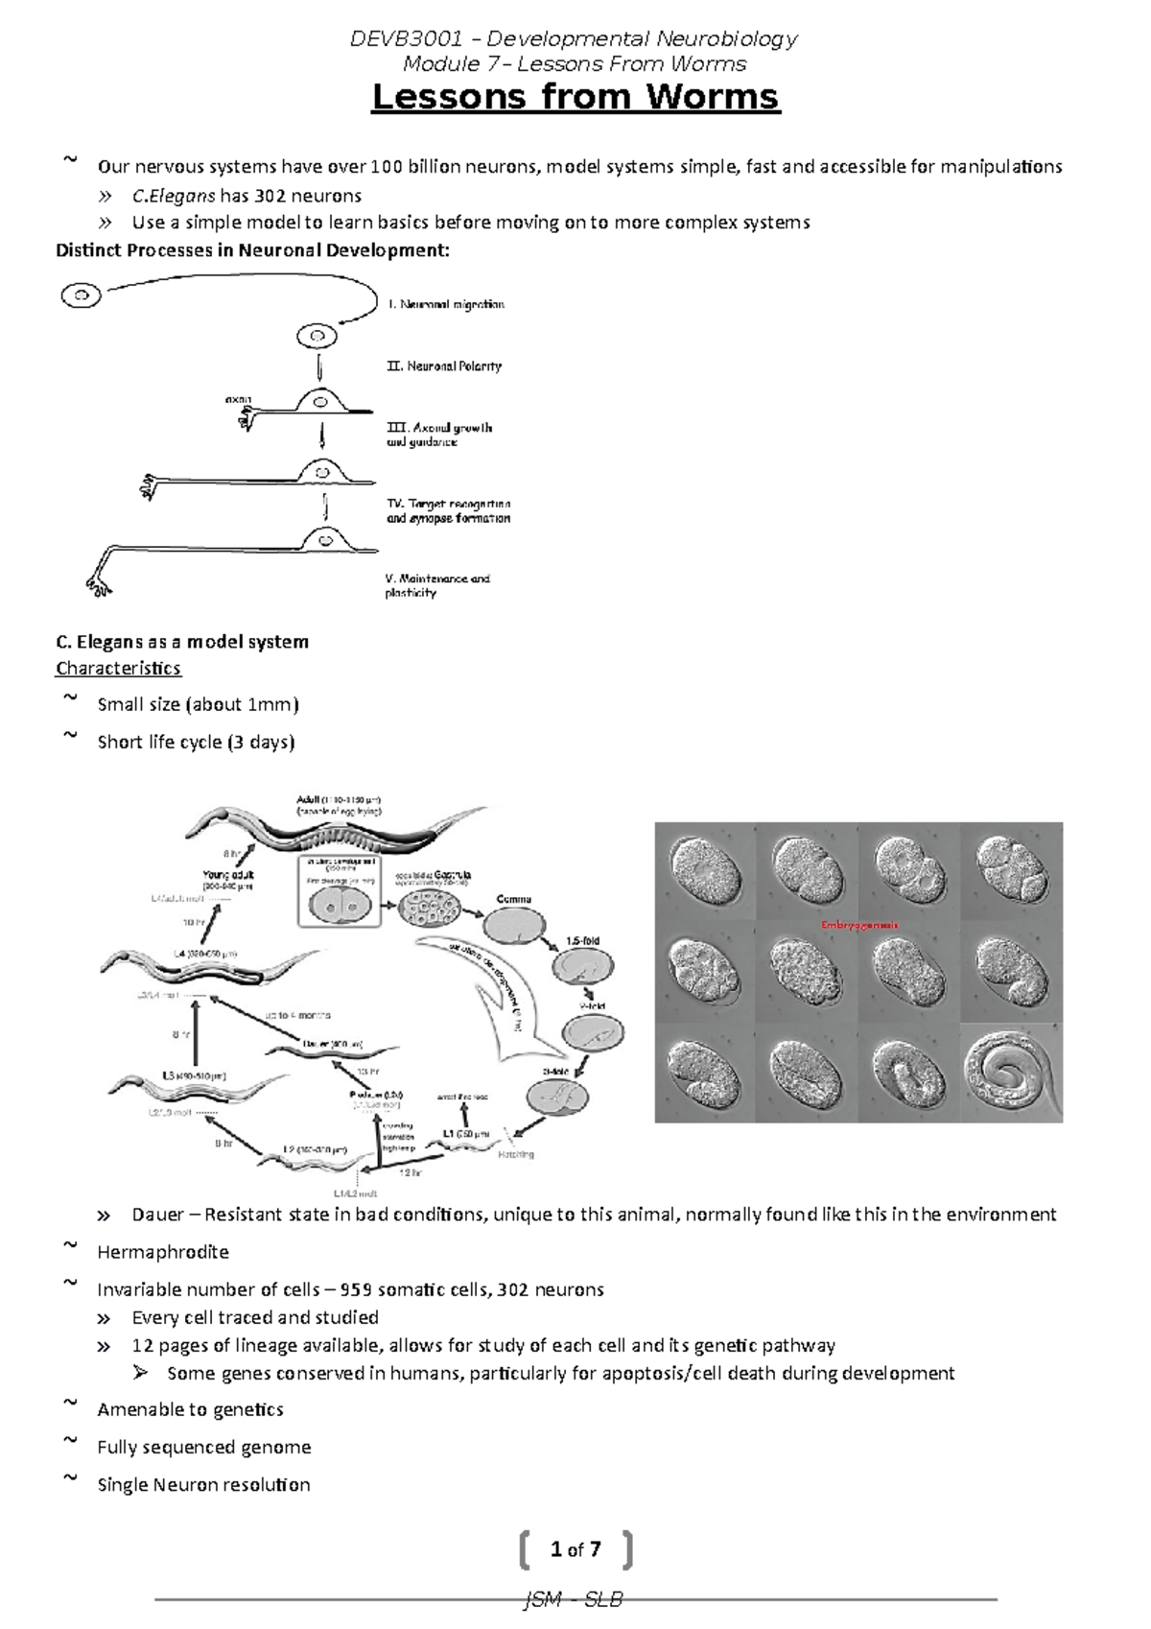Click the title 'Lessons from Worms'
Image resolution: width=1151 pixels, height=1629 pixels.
[575, 98]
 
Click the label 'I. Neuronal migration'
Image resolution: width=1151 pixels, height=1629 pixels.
[446, 304]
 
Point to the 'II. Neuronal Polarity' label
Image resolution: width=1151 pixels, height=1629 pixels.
[444, 366]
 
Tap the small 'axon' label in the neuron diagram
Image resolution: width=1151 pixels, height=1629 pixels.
[238, 398]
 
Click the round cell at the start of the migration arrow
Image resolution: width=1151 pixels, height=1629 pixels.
[82, 295]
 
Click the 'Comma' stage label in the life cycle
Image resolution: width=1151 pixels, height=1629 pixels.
[513, 900]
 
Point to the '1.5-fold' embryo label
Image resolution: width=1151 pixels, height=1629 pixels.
[582, 941]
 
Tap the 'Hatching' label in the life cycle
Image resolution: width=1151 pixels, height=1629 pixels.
[515, 1154]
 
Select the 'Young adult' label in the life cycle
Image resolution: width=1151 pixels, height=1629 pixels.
[228, 874]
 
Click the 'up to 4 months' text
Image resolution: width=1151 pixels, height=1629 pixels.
[297, 1014]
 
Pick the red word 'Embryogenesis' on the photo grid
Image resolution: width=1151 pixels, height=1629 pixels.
[858, 925]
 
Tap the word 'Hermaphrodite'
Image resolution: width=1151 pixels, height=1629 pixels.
[163, 1252]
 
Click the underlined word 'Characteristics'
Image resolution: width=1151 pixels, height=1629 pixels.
[118, 668]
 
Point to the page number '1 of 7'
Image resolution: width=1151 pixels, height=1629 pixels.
[575, 1549]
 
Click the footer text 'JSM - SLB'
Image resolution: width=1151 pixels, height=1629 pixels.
[574, 1600]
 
